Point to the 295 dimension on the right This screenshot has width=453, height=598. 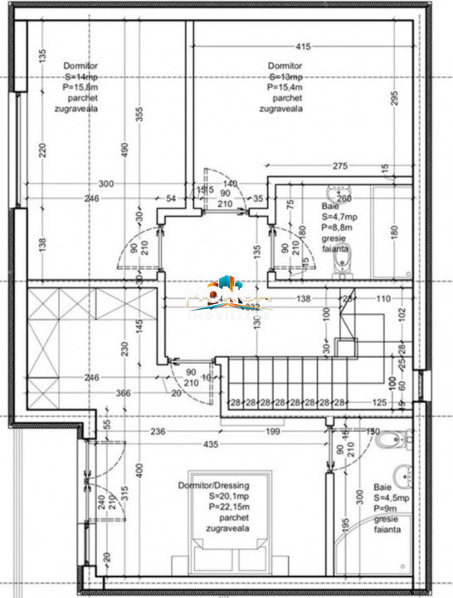tap(395, 98)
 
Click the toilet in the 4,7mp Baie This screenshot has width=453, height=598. tap(340, 262)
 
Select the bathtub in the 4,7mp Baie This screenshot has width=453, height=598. tap(390, 233)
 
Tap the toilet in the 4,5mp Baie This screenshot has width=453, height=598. tap(390, 442)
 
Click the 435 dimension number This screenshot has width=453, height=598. tap(212, 445)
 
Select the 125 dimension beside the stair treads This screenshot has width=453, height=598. tap(379, 403)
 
